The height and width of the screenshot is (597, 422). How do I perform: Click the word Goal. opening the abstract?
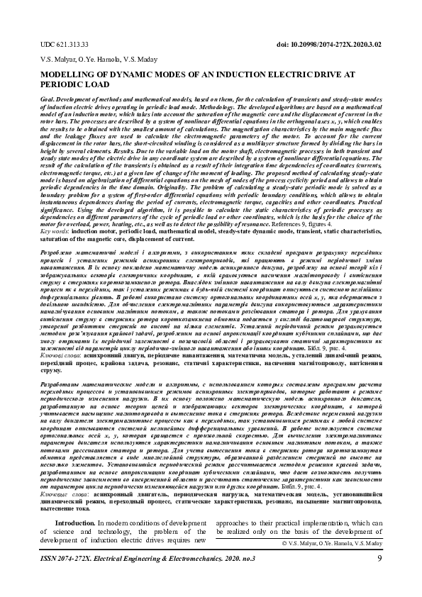[48, 102]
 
